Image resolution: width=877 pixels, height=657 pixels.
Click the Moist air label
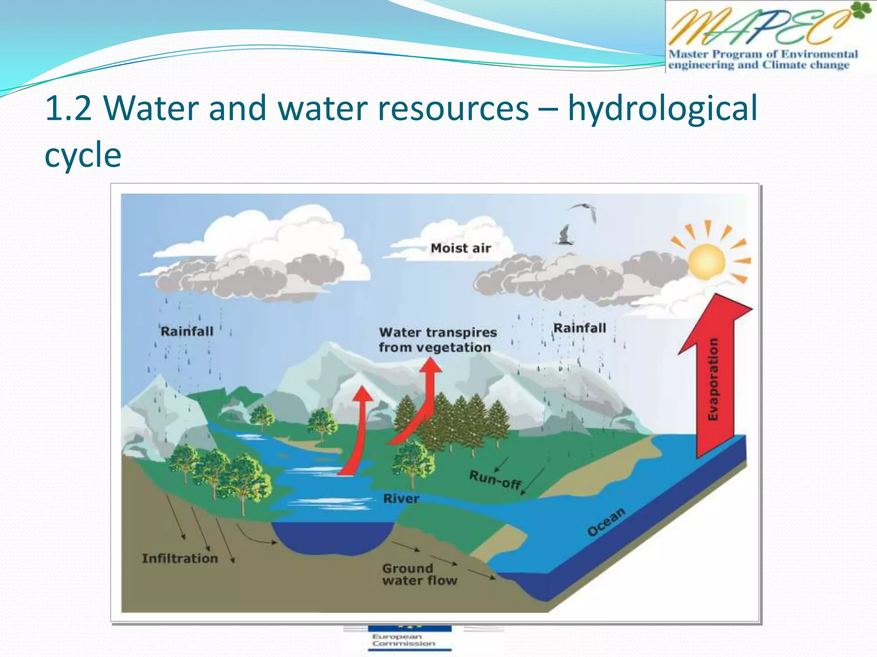[461, 248]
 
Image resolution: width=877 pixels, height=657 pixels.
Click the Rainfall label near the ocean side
[580, 328]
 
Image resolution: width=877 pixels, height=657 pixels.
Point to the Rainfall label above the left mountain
[187, 331]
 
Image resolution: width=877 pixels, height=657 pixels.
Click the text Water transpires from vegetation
[437, 340]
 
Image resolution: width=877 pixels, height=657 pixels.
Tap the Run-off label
[495, 479]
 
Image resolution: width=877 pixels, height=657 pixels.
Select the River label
[401, 498]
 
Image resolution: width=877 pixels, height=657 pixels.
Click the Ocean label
[606, 522]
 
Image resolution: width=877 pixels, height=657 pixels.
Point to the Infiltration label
[180, 558]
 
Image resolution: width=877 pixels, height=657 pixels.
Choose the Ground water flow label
[419, 574]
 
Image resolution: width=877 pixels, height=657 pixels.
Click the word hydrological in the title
[662, 109]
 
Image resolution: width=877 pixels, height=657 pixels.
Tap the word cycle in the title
[83, 155]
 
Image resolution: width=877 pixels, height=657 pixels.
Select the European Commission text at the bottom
[403, 640]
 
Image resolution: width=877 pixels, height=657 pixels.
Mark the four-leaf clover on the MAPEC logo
[861, 10]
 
